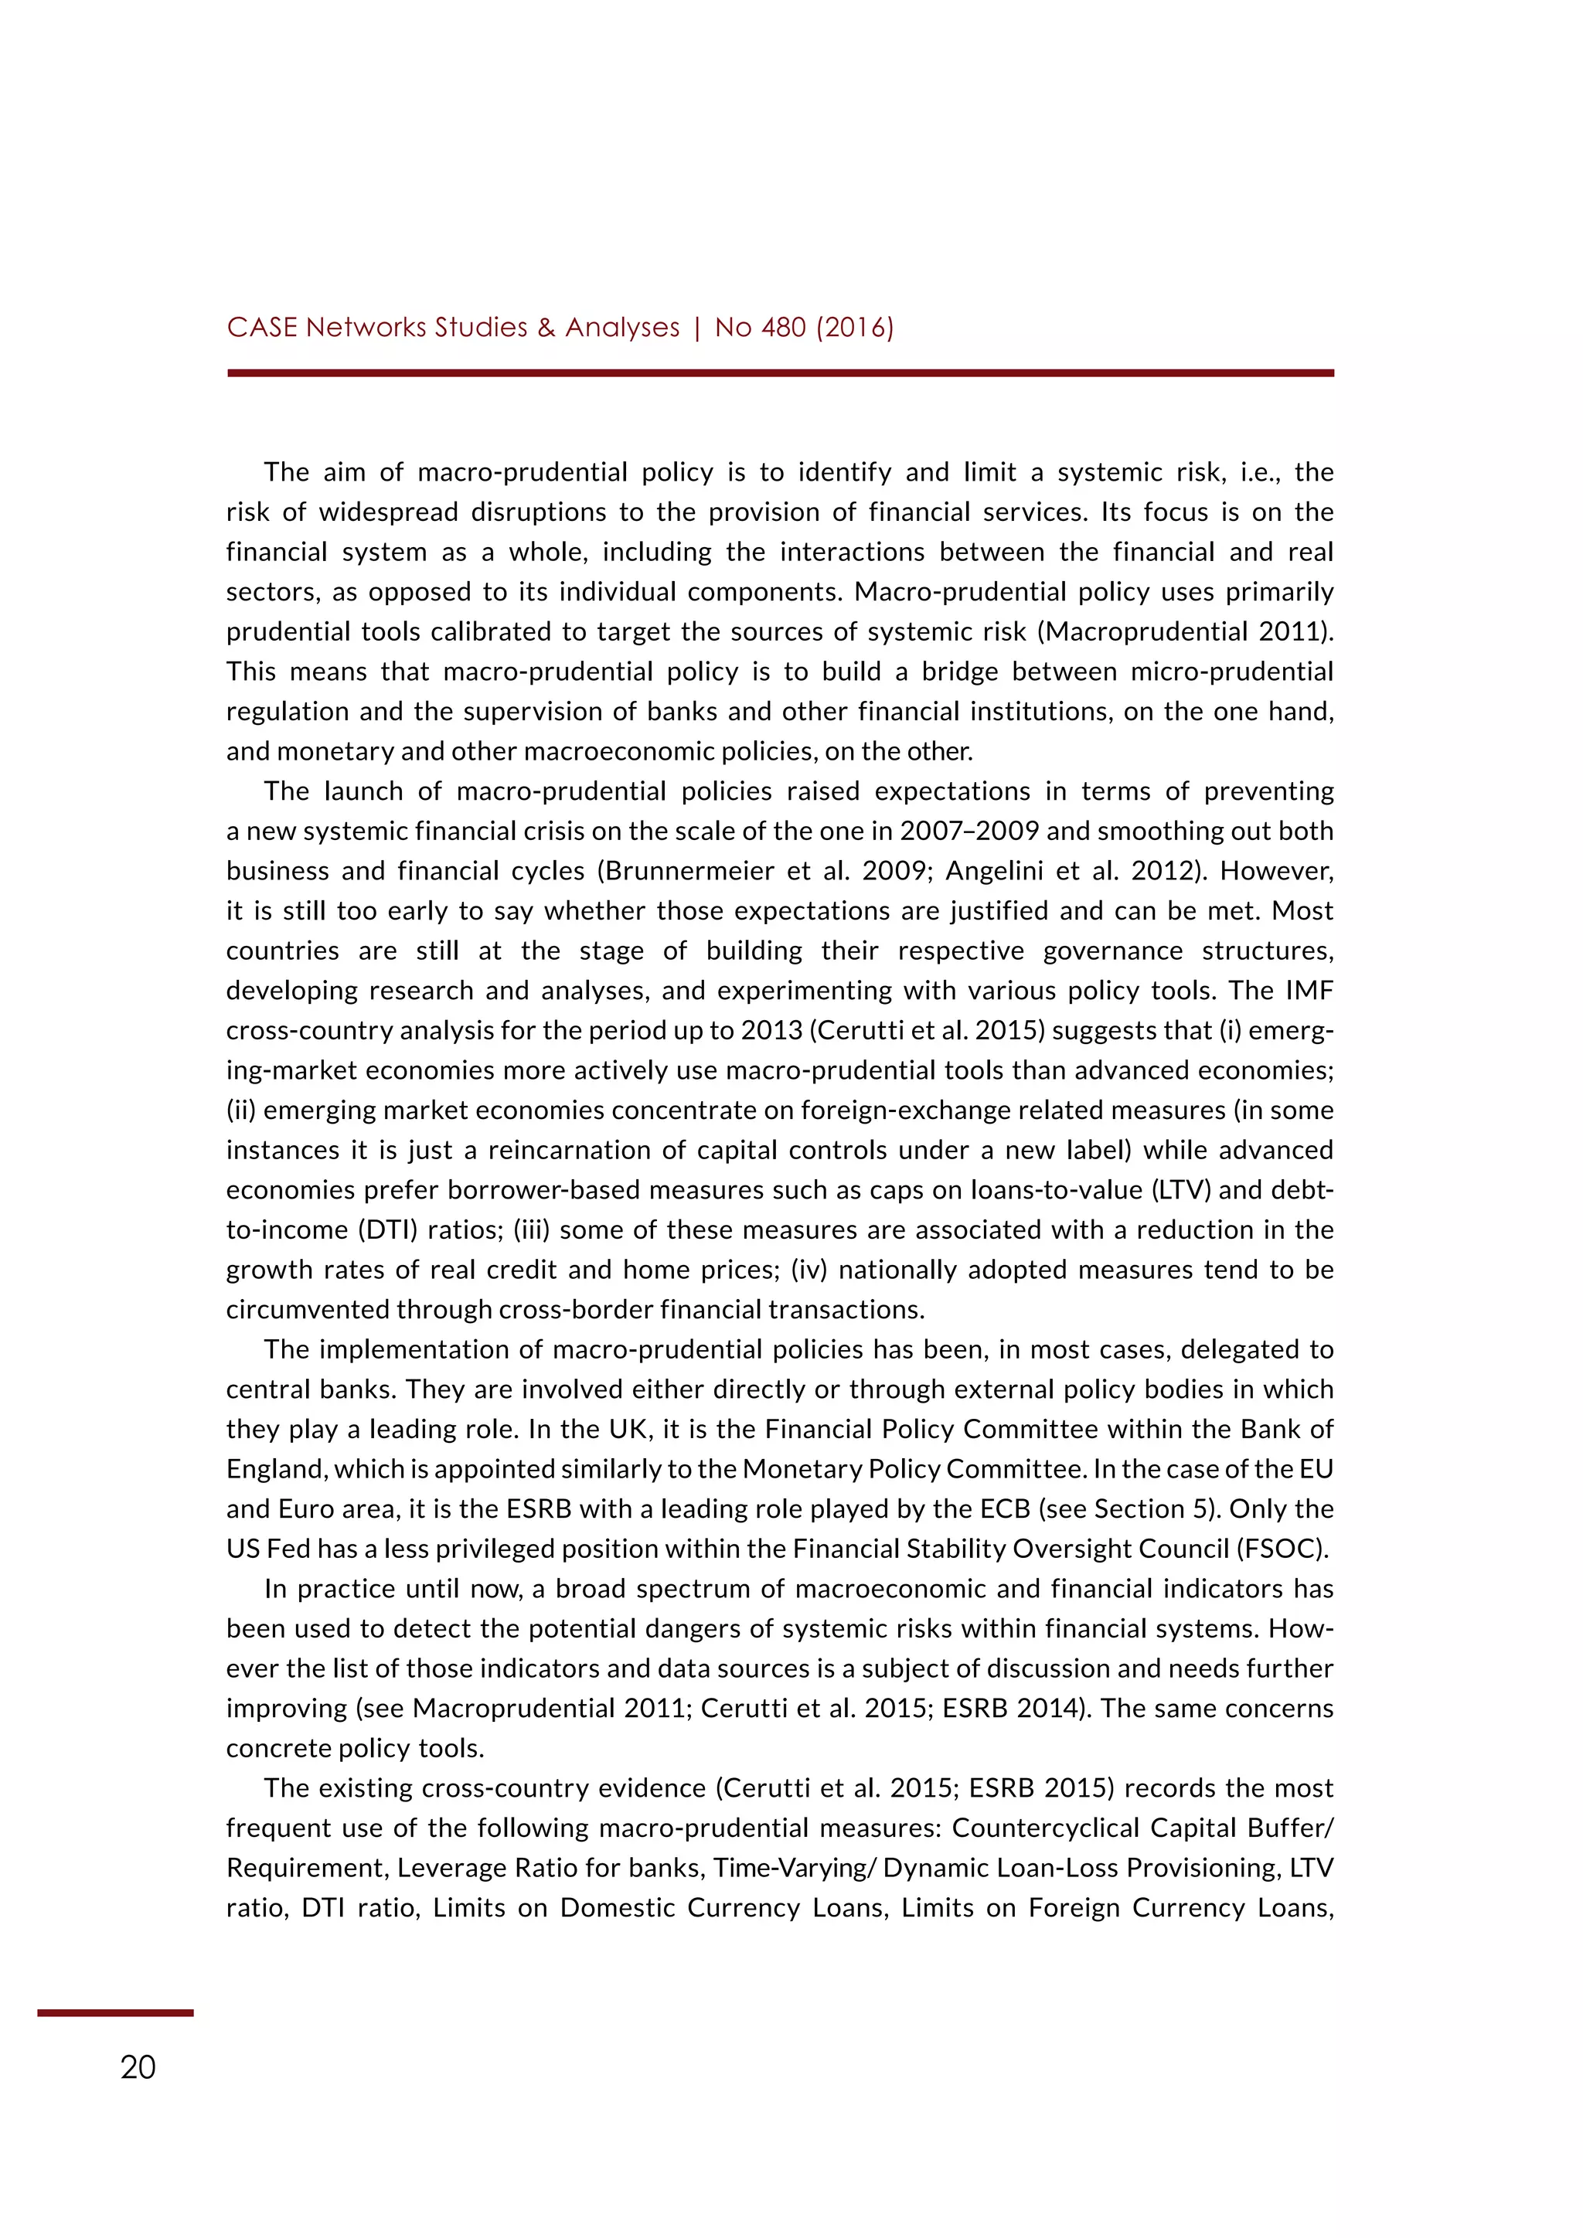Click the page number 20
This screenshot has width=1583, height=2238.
[138, 2067]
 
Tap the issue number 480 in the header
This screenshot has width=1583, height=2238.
[783, 328]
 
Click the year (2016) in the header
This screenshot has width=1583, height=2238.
[855, 328]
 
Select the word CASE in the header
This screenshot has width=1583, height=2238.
[262, 328]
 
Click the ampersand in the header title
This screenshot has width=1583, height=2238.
[546, 328]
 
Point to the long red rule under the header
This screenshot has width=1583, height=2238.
[780, 372]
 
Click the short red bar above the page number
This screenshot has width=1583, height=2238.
[115, 2012]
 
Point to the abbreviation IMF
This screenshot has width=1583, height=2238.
[1309, 991]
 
